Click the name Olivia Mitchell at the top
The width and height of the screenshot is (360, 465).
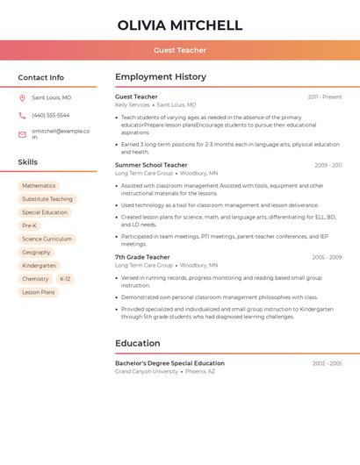tap(179, 25)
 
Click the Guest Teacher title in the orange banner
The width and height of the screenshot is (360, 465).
tap(180, 51)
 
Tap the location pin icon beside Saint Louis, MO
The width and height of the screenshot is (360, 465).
tap(22, 97)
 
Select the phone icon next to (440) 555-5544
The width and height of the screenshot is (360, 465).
tap(22, 115)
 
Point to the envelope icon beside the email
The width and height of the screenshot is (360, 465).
tap(22, 134)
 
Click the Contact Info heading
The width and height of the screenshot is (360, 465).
tap(41, 77)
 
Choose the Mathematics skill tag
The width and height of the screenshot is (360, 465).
tap(39, 186)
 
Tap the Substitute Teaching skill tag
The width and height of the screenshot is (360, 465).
tap(47, 199)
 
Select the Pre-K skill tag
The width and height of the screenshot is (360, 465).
tap(30, 225)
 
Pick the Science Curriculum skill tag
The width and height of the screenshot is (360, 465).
tap(47, 239)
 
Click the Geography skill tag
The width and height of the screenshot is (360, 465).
tap(37, 253)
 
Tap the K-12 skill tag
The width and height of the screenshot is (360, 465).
tap(65, 279)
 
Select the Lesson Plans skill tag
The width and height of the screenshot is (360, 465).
tap(39, 292)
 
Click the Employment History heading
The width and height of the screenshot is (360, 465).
tap(160, 77)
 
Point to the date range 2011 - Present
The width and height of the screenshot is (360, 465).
tap(324, 97)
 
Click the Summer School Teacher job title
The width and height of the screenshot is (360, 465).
tap(151, 165)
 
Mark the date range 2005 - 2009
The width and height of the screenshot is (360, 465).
tap(327, 257)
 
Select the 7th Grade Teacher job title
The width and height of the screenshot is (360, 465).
tap(142, 257)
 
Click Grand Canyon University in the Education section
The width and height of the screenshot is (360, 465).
tap(147, 371)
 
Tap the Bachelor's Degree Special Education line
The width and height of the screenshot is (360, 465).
tap(169, 362)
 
